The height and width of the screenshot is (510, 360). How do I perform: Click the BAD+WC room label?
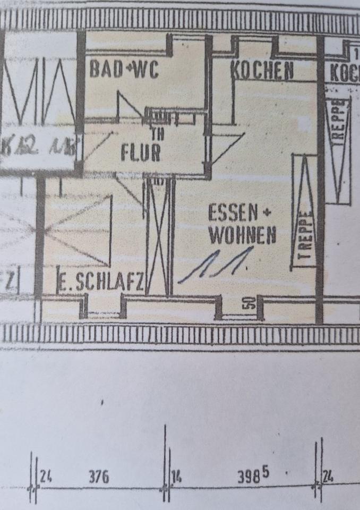pyautogui.click(x=124, y=70)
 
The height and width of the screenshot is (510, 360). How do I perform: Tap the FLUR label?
pyautogui.click(x=141, y=152)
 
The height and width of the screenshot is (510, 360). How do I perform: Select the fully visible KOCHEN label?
pyautogui.click(x=262, y=71)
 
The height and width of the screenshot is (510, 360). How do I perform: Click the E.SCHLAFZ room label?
pyautogui.click(x=100, y=284)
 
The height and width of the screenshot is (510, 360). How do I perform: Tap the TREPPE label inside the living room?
pyautogui.click(x=304, y=234)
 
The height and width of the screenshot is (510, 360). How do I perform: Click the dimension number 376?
pyautogui.click(x=98, y=477)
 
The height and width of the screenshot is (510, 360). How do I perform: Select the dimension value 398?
pyautogui.click(x=248, y=477)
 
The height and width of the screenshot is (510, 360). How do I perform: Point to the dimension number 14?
pyautogui.click(x=176, y=477)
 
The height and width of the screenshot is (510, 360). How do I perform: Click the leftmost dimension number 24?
pyautogui.click(x=46, y=477)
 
